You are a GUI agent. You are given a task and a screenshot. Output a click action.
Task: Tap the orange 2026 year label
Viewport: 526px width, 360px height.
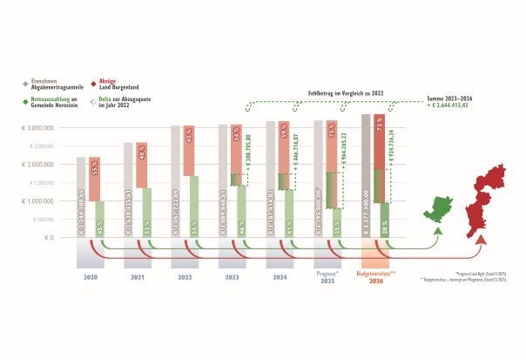[x=375, y=281]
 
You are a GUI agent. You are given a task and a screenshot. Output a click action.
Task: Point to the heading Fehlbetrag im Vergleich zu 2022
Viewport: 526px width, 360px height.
[x=345, y=91]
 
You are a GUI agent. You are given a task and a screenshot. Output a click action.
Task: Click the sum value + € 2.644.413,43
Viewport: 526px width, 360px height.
[x=455, y=105]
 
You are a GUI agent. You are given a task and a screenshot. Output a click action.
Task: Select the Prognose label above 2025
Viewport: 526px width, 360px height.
[x=327, y=273]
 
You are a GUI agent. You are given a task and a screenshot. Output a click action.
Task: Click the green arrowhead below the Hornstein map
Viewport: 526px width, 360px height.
[x=437, y=232]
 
